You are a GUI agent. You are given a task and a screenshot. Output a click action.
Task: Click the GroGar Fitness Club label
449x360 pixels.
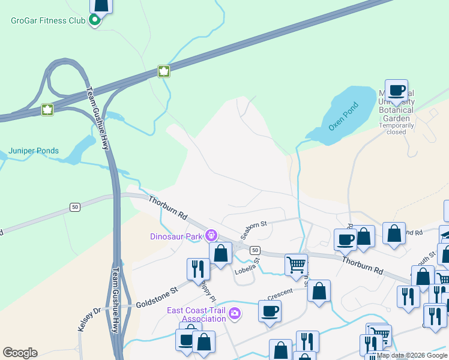point(48,21)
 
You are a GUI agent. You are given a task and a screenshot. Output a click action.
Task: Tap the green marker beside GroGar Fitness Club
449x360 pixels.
point(94,21)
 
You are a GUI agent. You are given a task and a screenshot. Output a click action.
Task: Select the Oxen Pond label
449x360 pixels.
point(343,118)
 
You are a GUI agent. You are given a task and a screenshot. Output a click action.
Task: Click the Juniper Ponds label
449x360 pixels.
point(34,151)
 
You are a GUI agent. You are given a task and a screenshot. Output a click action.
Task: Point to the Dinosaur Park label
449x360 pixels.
point(176,236)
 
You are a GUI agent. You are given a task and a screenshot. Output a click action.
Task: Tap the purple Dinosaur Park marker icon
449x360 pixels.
point(211,235)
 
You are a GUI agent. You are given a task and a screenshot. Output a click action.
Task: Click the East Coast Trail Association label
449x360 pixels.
point(196,314)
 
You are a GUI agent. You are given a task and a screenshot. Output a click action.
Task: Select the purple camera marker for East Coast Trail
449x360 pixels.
point(235,313)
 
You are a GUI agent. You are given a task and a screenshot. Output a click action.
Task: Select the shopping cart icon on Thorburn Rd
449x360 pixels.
point(296,264)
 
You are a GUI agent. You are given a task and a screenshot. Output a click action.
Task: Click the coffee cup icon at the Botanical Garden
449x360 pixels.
point(396,91)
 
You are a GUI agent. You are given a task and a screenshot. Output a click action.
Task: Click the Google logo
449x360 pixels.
point(20,353)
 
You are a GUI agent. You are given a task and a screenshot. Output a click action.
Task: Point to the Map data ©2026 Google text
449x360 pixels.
point(412,355)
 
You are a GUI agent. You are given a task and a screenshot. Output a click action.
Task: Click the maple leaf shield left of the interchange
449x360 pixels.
point(47,109)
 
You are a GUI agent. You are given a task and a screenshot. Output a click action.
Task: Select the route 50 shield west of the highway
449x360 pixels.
point(74,207)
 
